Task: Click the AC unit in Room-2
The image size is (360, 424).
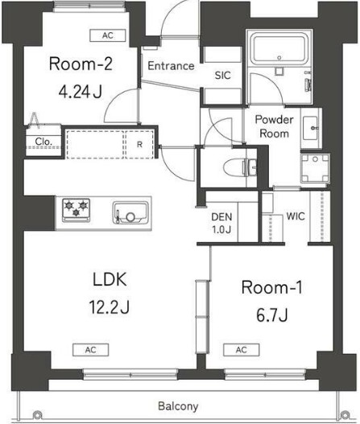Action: click(108, 35)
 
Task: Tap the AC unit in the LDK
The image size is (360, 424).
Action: click(91, 350)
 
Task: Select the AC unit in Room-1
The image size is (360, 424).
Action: click(242, 350)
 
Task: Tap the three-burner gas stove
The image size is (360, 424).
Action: click(76, 210)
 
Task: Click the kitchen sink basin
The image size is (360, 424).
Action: click(130, 213)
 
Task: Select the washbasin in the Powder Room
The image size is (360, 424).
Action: click(311, 128)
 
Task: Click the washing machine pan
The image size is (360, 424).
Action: click(315, 168)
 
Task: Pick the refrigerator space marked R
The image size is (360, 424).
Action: click(139, 144)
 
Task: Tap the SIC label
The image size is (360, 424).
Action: click(223, 76)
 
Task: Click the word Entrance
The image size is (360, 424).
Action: click(171, 66)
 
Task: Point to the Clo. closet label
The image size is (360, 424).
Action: click(43, 141)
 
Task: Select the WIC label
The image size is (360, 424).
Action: click(296, 216)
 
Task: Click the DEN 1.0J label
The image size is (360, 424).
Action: click(221, 223)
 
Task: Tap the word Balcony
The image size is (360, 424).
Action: click(178, 406)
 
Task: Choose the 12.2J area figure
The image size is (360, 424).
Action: click(109, 307)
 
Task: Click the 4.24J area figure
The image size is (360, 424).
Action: click(81, 92)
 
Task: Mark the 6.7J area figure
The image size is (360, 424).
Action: click(271, 315)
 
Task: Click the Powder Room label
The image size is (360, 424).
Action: click(274, 126)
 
